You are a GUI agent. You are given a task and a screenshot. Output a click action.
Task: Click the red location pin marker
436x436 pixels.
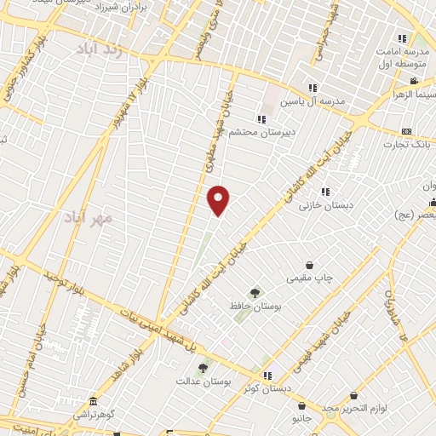[x=219, y=199]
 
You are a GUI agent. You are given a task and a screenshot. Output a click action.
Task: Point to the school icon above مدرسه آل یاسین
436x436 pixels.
[x=313, y=88]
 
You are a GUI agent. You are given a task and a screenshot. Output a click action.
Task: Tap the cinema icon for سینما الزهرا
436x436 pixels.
[x=414, y=82]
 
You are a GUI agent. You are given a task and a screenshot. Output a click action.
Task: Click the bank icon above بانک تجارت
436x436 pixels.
[x=406, y=131]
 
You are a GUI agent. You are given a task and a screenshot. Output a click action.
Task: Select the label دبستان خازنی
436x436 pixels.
[x=324, y=204]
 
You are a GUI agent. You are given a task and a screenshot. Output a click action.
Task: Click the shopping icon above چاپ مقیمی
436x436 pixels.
[x=308, y=267]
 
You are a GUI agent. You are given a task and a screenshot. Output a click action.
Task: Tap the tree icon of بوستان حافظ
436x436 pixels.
[x=255, y=292]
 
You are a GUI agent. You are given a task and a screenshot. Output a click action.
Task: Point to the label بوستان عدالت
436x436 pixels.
[x=203, y=381]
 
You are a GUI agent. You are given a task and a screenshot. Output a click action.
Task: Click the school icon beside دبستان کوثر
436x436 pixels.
[x=267, y=375]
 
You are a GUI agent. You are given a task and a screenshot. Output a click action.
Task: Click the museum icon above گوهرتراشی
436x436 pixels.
[x=92, y=401]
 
